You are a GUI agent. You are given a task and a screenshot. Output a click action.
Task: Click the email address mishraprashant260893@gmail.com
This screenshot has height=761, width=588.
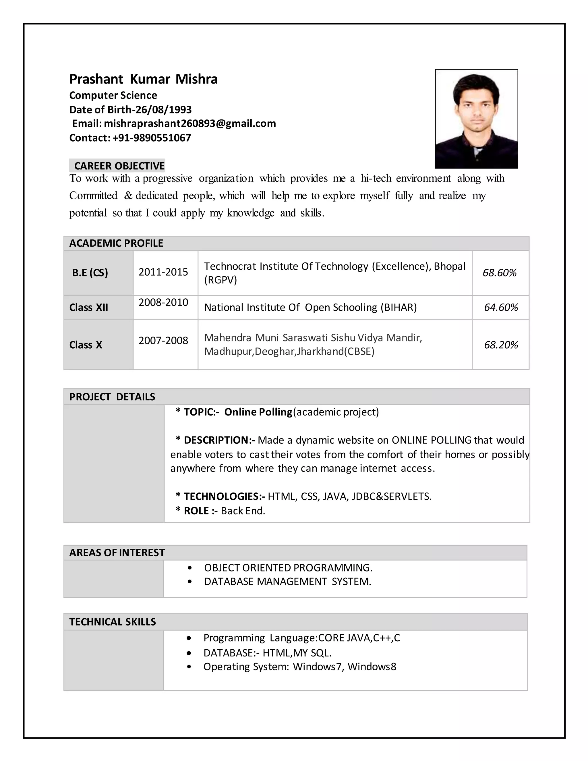tap(190, 123)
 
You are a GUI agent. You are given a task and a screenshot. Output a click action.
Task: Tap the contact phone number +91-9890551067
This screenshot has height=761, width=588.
tap(152, 138)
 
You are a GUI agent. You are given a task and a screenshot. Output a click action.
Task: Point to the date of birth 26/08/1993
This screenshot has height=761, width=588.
tap(163, 109)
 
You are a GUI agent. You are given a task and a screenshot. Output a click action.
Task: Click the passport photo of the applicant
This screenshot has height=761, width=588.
tap(476, 119)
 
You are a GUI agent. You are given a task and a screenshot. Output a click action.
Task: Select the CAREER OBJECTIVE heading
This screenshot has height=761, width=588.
tap(119, 166)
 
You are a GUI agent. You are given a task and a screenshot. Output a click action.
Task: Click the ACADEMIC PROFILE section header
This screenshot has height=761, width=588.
tap(116, 243)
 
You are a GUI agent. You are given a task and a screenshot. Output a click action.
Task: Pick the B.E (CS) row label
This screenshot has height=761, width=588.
tap(90, 273)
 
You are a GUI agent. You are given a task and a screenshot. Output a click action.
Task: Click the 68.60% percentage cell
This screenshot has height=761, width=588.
tap(499, 273)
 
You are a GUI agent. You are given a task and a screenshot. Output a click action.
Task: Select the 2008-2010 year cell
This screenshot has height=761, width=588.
tap(163, 302)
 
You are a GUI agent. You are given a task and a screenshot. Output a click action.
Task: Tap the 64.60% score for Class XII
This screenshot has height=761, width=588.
tap(500, 307)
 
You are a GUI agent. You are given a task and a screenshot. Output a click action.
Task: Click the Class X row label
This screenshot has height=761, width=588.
tap(86, 345)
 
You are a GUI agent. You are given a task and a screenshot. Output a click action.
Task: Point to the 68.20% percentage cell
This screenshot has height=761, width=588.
tap(500, 345)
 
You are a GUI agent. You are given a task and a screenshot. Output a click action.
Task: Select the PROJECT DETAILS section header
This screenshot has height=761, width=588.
tap(112, 397)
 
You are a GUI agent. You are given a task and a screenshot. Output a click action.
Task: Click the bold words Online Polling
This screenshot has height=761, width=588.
tap(258, 412)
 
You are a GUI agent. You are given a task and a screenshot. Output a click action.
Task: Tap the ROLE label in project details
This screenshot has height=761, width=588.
tap(196, 511)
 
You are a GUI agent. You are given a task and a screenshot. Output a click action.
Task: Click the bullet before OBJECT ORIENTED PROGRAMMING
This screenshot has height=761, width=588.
tap(189, 568)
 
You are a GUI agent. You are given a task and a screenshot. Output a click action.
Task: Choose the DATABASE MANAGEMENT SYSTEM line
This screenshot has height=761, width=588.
tap(287, 582)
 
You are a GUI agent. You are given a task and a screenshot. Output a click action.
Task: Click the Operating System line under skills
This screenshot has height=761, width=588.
tap(299, 667)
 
